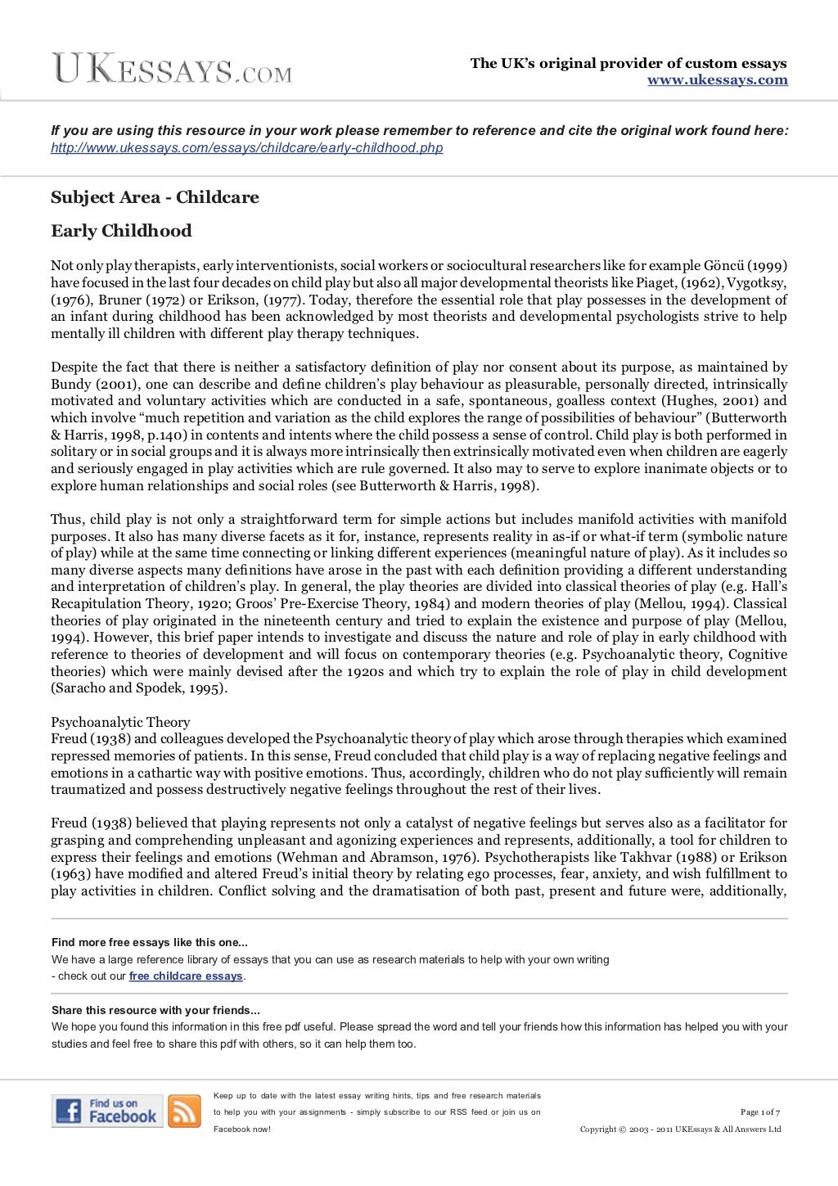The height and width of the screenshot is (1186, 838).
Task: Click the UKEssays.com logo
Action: (172, 69)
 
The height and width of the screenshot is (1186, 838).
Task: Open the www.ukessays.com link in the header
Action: (717, 80)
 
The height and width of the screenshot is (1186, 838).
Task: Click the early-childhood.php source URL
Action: (246, 148)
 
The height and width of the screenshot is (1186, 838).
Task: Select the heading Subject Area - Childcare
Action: (155, 197)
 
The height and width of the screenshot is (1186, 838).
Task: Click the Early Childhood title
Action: (121, 231)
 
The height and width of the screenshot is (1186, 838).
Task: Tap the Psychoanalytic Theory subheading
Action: (120, 722)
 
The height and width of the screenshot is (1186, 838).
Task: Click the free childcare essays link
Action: (186, 976)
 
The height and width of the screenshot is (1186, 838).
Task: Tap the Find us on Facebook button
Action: (107, 1111)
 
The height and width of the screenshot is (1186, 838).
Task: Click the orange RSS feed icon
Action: (184, 1112)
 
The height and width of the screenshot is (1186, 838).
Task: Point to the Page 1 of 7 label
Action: (759, 1112)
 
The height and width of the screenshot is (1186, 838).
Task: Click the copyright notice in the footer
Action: (680, 1130)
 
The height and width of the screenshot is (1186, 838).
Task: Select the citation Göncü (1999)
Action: (745, 266)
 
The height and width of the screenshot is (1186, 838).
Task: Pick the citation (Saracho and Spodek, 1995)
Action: (139, 688)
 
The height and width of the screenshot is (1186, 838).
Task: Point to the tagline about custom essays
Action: (628, 63)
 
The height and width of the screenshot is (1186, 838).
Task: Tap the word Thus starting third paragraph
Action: (66, 519)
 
